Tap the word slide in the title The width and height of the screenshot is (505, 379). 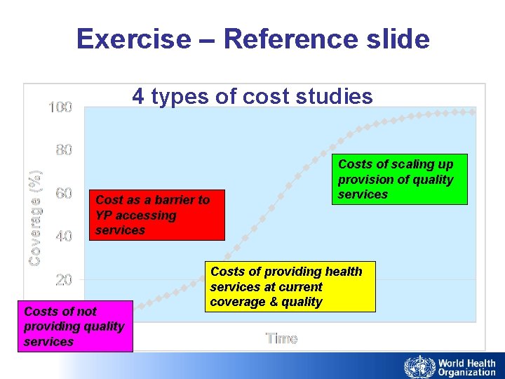(x=396, y=39)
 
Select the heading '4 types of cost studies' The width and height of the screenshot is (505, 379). (x=252, y=96)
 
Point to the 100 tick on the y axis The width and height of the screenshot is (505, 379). (x=60, y=107)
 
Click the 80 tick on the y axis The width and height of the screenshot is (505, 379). (x=64, y=150)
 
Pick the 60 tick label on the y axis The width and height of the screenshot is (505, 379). (x=64, y=193)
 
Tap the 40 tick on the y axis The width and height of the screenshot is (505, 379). (x=64, y=237)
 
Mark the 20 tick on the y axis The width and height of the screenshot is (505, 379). (x=64, y=280)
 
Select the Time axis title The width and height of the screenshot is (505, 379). (x=281, y=338)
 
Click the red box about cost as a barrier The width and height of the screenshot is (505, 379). (x=156, y=215)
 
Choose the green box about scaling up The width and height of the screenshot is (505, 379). (x=399, y=179)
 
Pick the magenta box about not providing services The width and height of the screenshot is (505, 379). (x=75, y=326)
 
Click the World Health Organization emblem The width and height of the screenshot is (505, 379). (x=419, y=367)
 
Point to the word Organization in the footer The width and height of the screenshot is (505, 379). (x=466, y=373)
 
